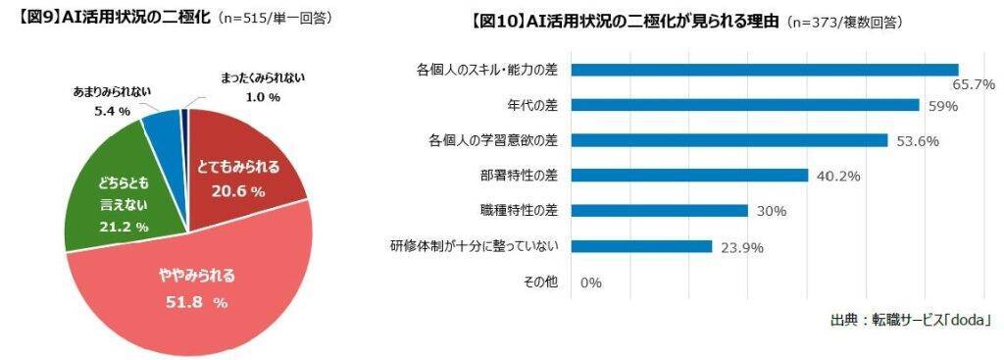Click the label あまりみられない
pos(112,92)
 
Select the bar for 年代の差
pos(745,104)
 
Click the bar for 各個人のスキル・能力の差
pos(764,69)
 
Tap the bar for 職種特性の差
pos(659,210)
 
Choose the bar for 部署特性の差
pos(689,175)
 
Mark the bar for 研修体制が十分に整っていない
pos(641,245)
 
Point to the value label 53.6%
pos(918,140)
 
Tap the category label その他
pos(540,282)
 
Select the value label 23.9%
pos(741,246)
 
